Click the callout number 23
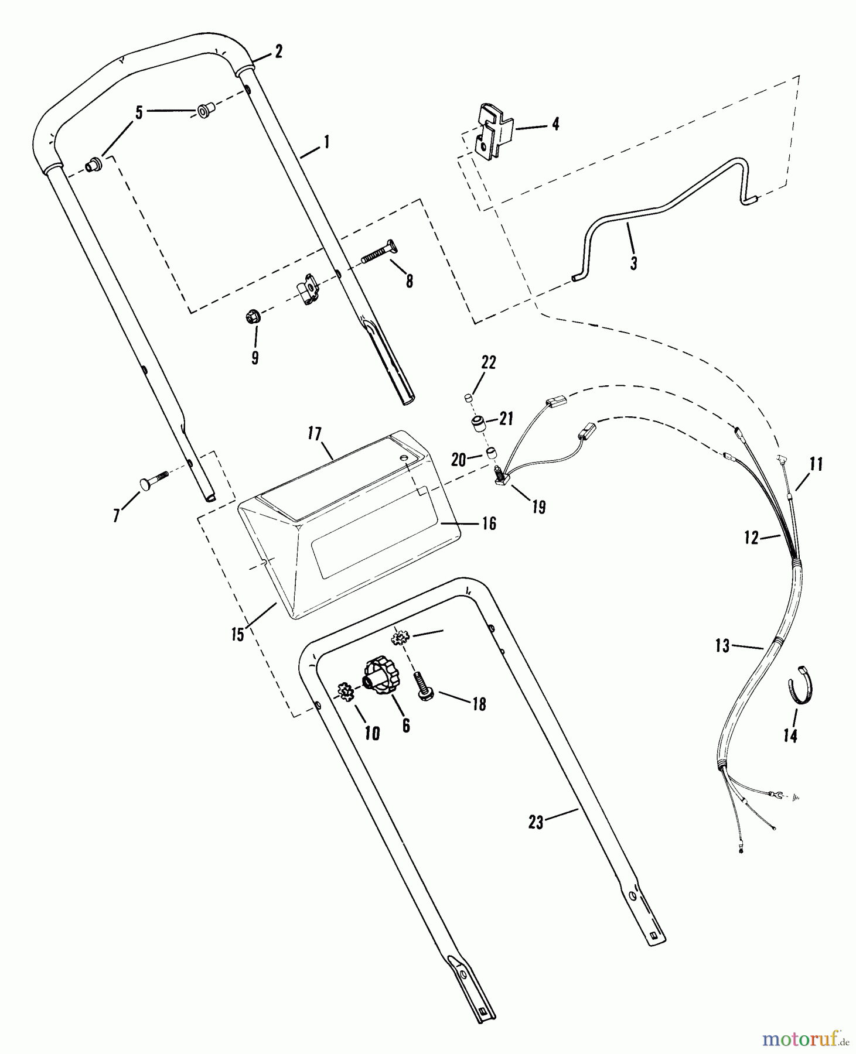coord(536,823)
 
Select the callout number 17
coord(315,434)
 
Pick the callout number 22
coord(489,363)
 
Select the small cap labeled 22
coord(468,399)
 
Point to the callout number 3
coord(633,263)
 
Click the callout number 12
coord(752,538)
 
